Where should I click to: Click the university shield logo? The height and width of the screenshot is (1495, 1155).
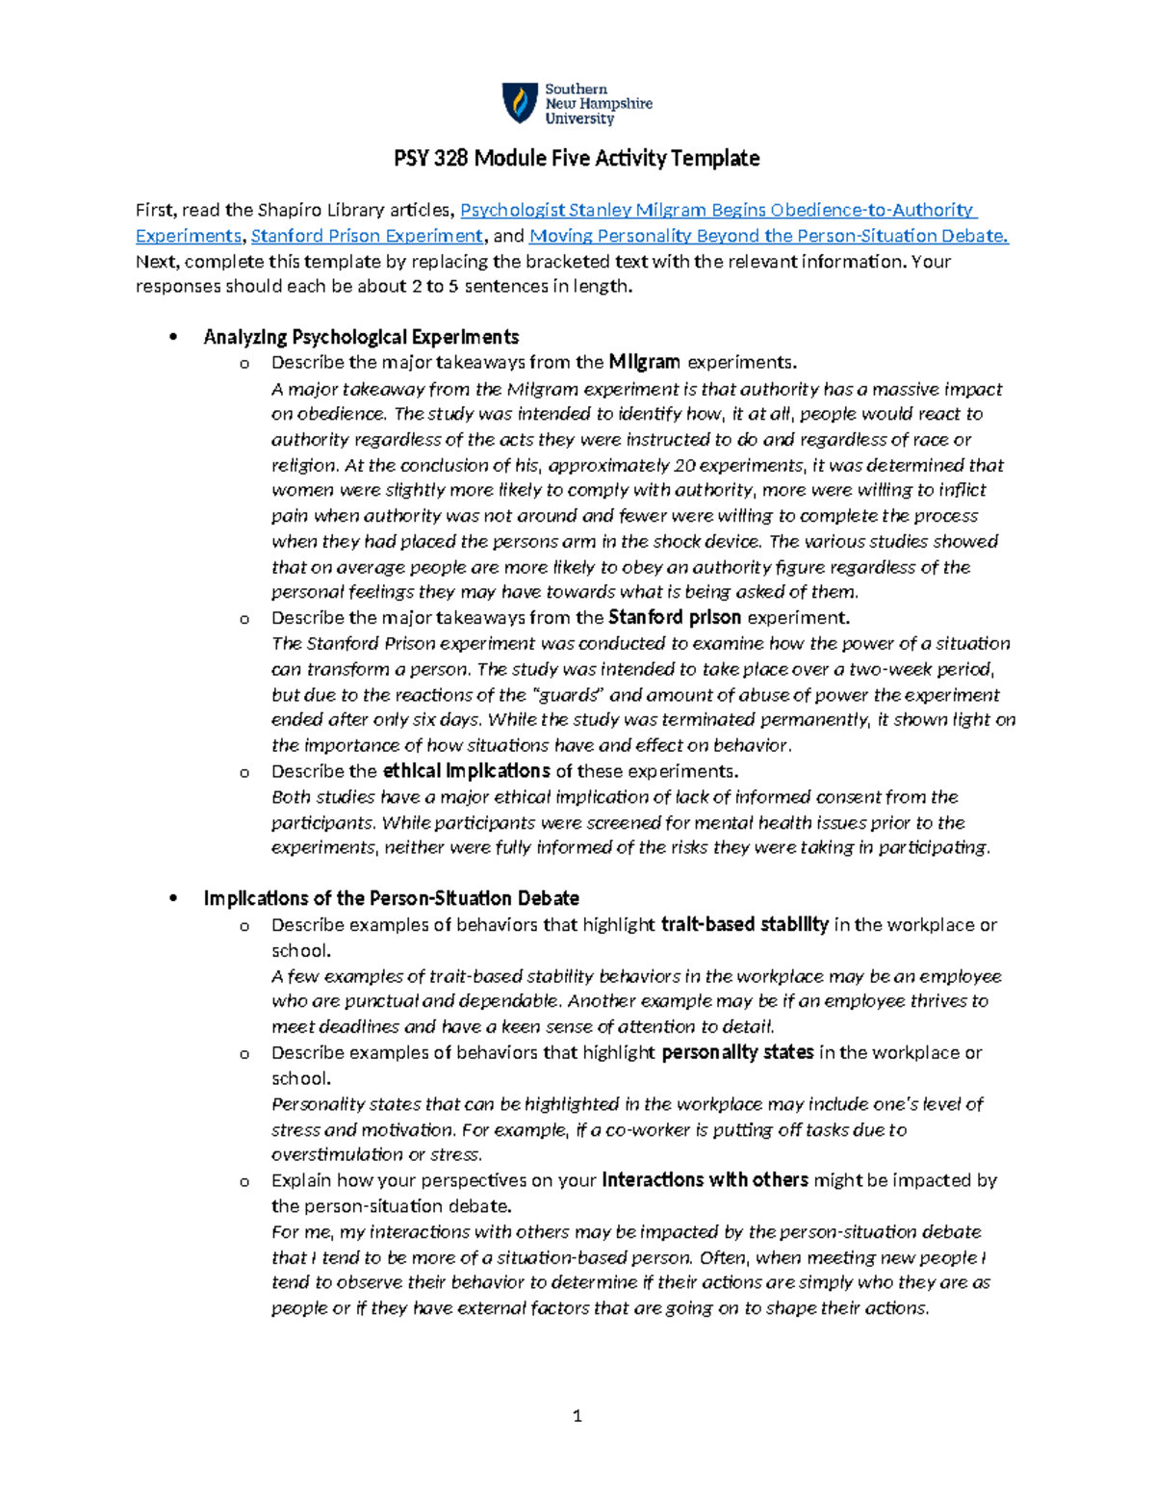(x=520, y=103)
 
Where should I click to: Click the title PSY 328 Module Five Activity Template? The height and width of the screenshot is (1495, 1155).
(x=577, y=158)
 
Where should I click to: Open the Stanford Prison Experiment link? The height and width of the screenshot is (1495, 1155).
(x=367, y=236)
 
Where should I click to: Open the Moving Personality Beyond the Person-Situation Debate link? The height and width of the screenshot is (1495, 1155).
(x=768, y=236)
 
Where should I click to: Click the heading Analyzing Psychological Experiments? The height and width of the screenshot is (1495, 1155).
(x=361, y=337)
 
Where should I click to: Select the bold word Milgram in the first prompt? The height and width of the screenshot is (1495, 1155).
(x=644, y=363)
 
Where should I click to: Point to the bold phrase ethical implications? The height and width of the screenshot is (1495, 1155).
(x=466, y=771)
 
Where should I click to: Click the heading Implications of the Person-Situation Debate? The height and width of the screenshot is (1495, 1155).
(x=391, y=899)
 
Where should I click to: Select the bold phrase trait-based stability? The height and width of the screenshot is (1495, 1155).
(x=744, y=925)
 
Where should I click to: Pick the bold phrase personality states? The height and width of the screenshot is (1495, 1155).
(x=737, y=1053)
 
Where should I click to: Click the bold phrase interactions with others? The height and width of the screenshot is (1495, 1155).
(x=705, y=1181)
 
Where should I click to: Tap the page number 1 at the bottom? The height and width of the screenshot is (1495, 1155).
(x=577, y=1415)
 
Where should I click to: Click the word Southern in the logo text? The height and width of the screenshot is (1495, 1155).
(x=577, y=89)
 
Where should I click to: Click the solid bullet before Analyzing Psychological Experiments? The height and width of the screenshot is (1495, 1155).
(x=173, y=337)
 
